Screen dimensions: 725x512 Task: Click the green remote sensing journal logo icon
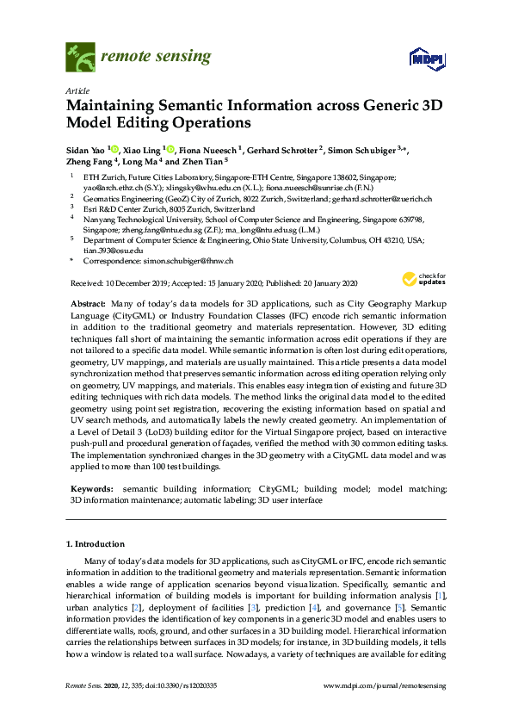coord(81,58)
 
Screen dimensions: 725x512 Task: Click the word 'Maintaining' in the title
coord(107,106)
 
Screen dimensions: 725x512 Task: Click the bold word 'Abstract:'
coord(89,305)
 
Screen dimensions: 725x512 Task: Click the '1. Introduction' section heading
coord(95,544)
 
